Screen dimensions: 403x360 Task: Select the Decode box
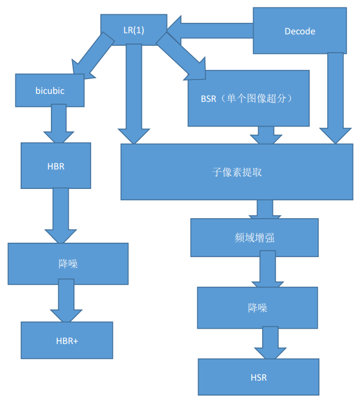(x=299, y=31)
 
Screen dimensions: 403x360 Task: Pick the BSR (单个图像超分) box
(x=248, y=98)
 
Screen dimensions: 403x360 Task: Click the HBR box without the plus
(x=56, y=165)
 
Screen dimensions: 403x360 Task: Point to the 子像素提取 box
(x=236, y=172)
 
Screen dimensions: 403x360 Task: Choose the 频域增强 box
(x=254, y=238)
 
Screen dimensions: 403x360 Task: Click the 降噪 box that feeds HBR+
(x=68, y=264)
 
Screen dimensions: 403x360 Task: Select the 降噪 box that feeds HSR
(x=258, y=307)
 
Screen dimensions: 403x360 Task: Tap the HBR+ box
(x=67, y=340)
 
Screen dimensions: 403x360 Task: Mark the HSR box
(x=259, y=377)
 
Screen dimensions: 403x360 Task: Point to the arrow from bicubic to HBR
(x=59, y=124)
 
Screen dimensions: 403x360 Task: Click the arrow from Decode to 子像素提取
(x=335, y=97)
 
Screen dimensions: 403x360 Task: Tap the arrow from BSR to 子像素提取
(x=266, y=135)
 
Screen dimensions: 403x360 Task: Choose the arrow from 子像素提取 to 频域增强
(x=264, y=209)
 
